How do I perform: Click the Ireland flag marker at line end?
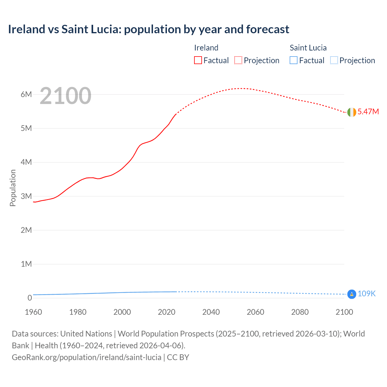tap(352, 112)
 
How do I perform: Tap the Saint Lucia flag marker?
tap(352, 294)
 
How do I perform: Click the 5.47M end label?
tap(368, 112)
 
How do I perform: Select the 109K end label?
tap(366, 294)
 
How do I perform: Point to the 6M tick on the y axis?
tap(26, 94)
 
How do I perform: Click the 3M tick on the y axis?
tap(26, 196)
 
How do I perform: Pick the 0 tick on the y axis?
tap(29, 298)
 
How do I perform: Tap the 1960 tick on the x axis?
tap(34, 312)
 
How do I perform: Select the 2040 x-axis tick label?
tap(211, 312)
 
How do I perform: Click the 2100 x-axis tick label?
tap(344, 312)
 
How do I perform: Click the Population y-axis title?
tap(13, 188)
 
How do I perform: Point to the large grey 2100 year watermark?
tap(65, 96)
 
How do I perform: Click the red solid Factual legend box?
tap(198, 60)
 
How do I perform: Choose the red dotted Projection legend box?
tap(238, 60)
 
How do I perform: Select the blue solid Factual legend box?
tap(294, 60)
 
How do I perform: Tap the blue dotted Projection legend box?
tap(334, 60)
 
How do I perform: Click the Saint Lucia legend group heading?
tap(308, 48)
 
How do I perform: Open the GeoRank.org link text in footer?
tap(86, 357)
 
